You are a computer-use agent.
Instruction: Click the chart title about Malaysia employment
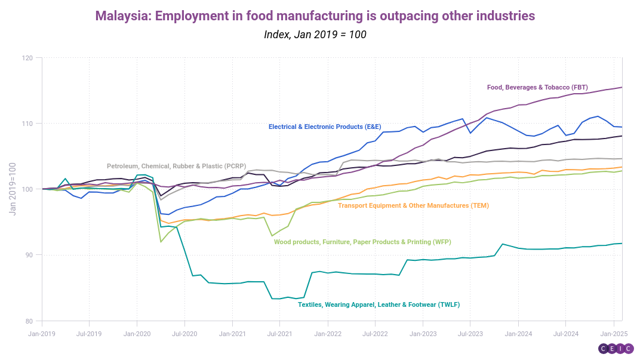pyautogui.click(x=315, y=16)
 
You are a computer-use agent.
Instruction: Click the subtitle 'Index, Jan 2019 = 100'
pyautogui.click(x=315, y=35)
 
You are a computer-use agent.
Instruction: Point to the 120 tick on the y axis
pyautogui.click(x=28, y=58)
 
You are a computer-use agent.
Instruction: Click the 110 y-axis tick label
pyautogui.click(x=28, y=124)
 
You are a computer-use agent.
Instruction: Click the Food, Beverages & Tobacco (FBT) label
pyautogui.click(x=538, y=87)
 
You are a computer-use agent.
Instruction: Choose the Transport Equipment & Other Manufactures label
pyautogui.click(x=413, y=205)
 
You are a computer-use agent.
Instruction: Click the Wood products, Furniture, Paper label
pyautogui.click(x=362, y=242)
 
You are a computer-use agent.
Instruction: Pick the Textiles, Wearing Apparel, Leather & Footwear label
pyautogui.click(x=379, y=304)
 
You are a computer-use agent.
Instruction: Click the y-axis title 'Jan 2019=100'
pyautogui.click(x=13, y=189)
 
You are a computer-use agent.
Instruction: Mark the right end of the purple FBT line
pyautogui.click(x=622, y=87)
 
